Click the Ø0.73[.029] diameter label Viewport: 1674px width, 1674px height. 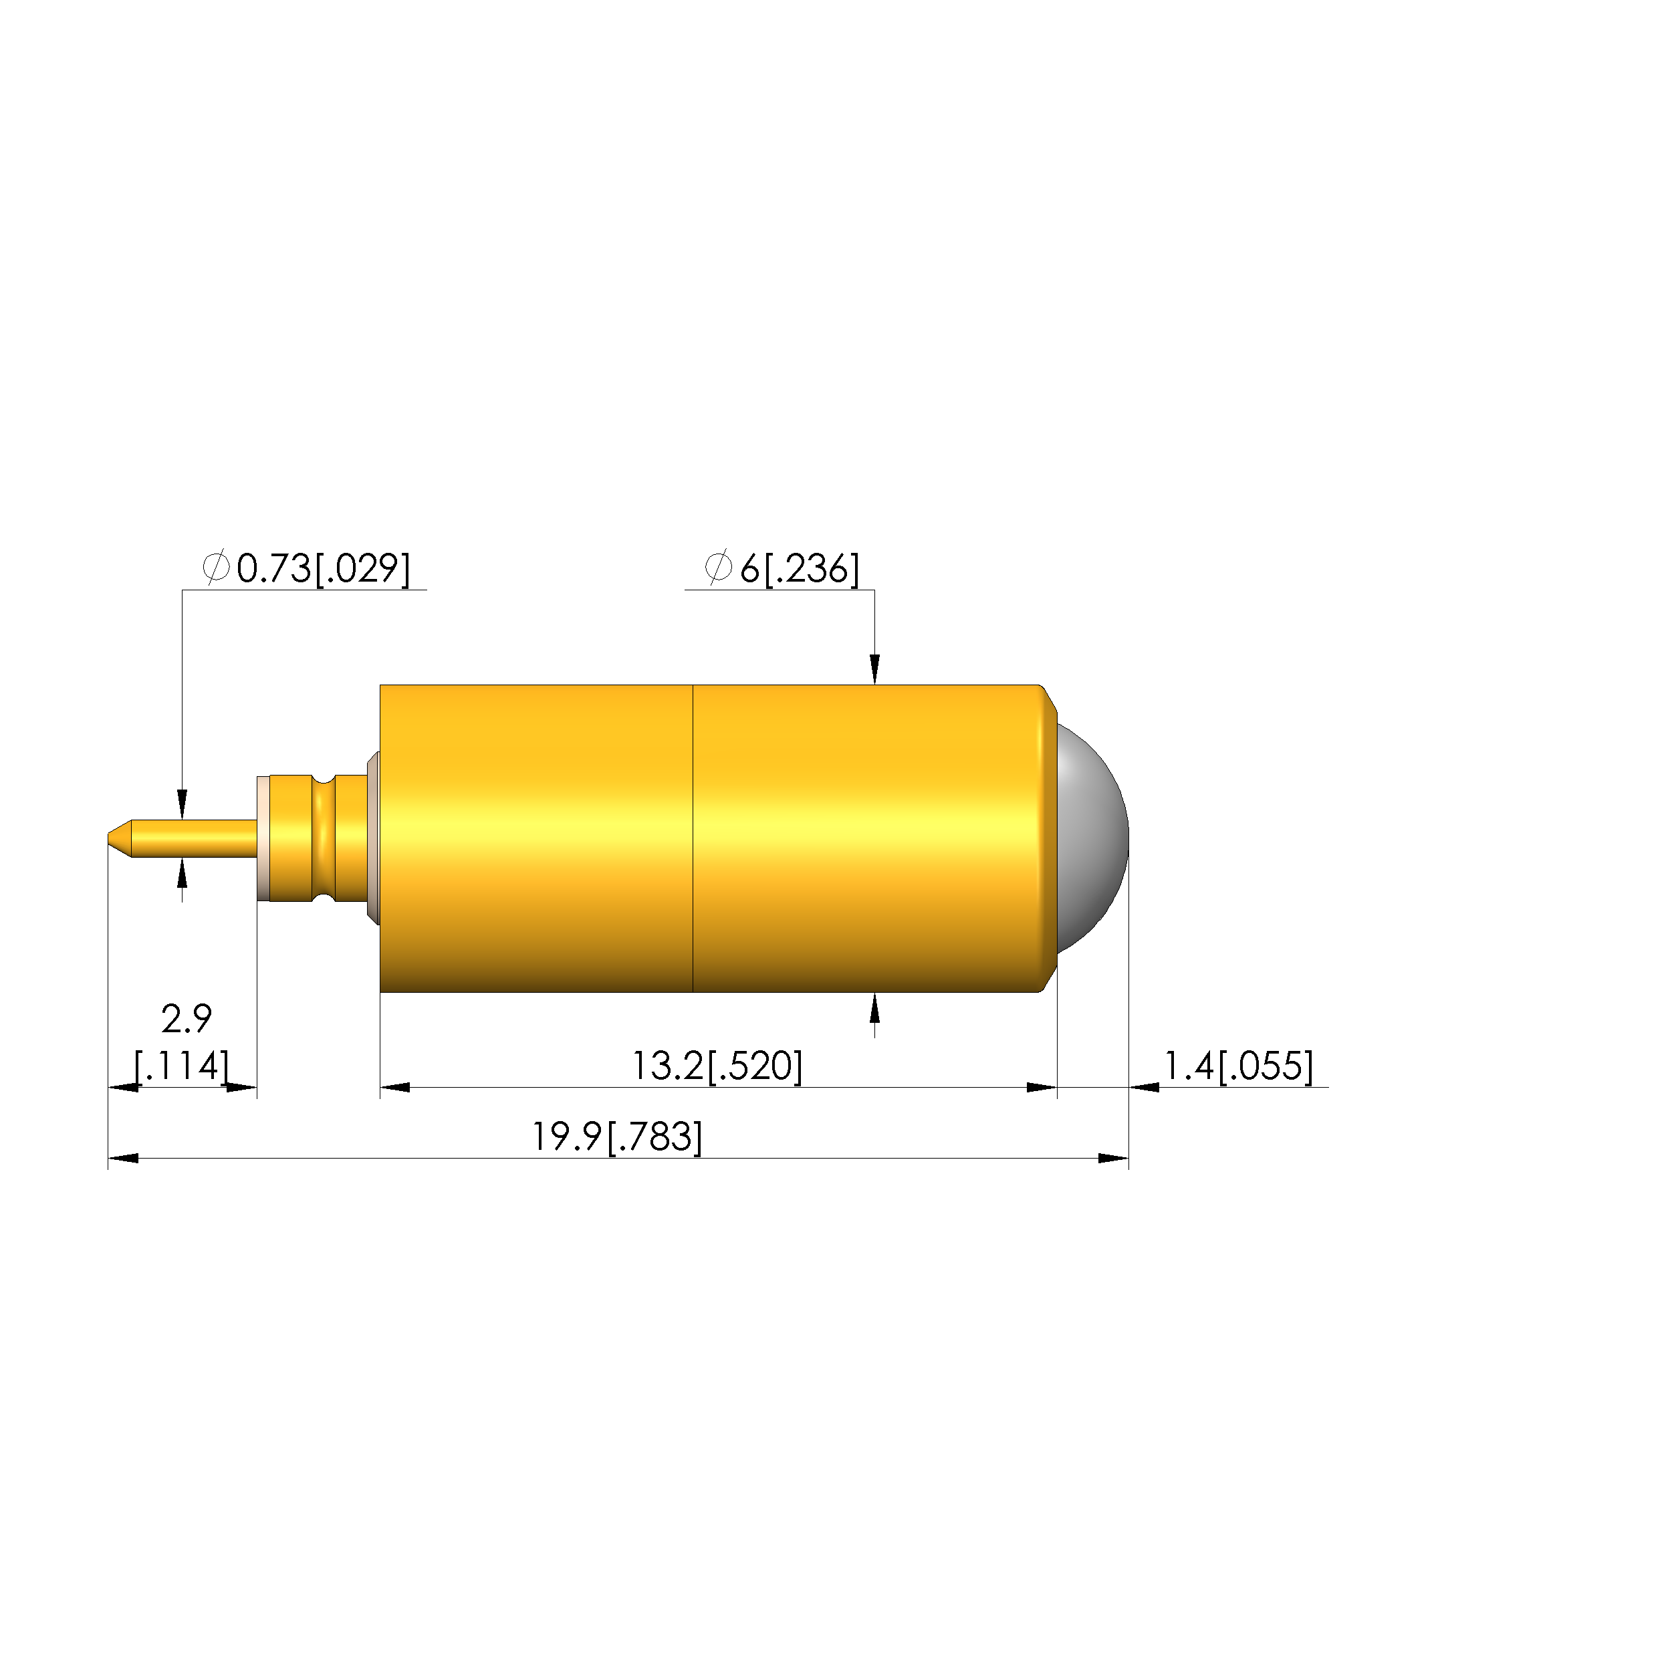click(x=306, y=568)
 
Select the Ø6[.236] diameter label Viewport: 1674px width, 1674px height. click(x=782, y=568)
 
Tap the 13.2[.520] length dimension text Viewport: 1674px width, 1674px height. click(x=717, y=1066)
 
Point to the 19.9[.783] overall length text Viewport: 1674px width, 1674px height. click(x=617, y=1137)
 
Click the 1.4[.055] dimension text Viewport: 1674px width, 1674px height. click(x=1238, y=1066)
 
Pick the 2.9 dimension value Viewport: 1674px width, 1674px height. click(x=187, y=1019)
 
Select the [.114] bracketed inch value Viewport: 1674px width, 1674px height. click(x=182, y=1066)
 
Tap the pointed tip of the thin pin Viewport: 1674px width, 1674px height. click(x=108, y=838)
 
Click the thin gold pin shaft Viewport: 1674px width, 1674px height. click(x=195, y=838)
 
